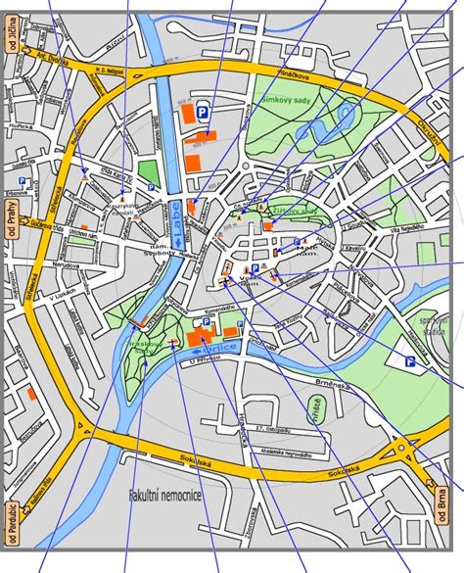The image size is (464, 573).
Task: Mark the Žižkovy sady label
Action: pos(291,210)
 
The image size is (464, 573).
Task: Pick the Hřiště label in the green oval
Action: pos(316,407)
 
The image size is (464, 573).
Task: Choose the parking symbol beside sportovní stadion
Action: pos(411,361)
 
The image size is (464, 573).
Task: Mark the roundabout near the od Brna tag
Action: pos(402,453)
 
